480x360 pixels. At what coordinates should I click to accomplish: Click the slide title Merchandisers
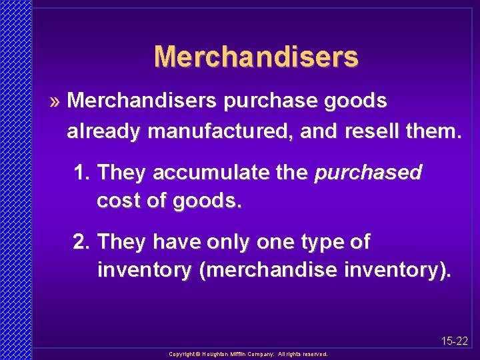pos(256,57)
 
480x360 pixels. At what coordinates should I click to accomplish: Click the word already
pos(104,131)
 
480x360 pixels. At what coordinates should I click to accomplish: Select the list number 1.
pos(81,173)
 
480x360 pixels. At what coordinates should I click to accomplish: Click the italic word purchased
pos(368,173)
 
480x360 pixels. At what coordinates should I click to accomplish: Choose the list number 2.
pos(81,242)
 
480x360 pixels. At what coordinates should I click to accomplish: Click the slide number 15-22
pos(455,341)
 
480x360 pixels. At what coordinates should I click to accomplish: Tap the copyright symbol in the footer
pos(198,355)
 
